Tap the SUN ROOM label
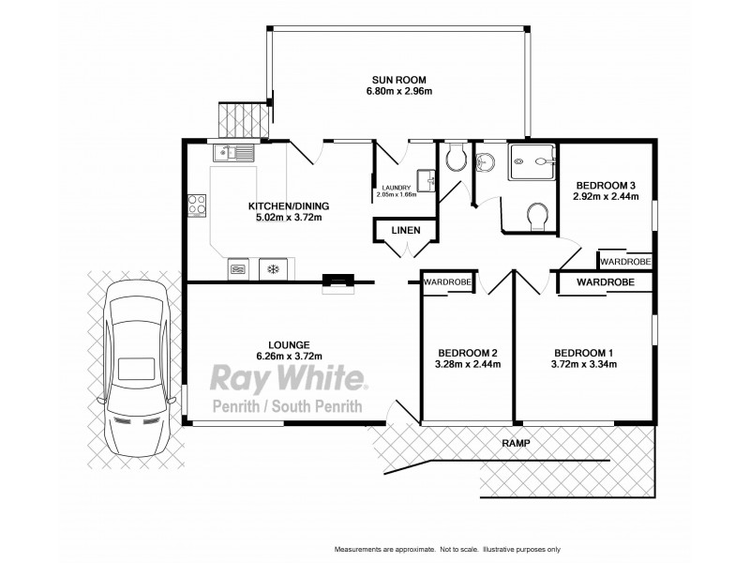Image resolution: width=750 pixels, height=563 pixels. coord(389,80)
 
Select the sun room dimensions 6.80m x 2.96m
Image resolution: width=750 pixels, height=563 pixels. coord(389,92)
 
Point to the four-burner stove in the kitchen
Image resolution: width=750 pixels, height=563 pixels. coord(197,204)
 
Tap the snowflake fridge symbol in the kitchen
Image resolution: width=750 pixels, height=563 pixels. coord(274,270)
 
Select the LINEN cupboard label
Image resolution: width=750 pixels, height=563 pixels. coord(404,231)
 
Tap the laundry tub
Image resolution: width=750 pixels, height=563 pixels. coord(427,178)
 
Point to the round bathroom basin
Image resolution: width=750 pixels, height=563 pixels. coord(485,164)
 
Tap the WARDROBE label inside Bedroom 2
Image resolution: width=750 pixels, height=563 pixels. coord(445,281)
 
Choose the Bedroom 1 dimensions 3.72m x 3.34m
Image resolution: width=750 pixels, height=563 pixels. coord(583,365)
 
